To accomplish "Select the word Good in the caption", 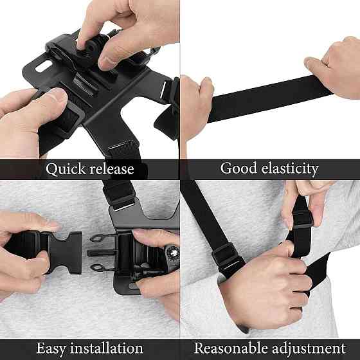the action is click(x=239, y=168).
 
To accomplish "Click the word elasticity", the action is click(x=290, y=168).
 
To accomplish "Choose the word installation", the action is click(x=107, y=348).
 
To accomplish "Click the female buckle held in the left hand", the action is click(x=62, y=252).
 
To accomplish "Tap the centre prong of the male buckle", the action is click(x=102, y=253).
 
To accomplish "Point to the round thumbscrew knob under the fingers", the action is click(x=89, y=51).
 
